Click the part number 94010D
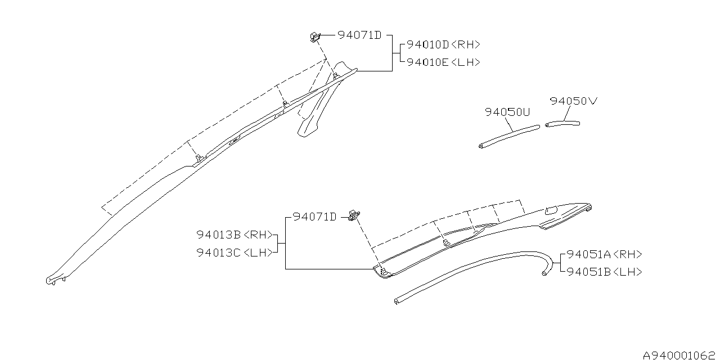coord(428,44)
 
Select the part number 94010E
coord(427,62)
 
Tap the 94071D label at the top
coord(359,35)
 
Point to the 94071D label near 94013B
coord(314,217)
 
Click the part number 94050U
coord(507,112)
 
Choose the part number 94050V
coord(573,101)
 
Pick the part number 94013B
coord(219,235)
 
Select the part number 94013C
coord(219,253)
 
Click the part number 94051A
coord(588,255)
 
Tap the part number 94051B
coord(588,272)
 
